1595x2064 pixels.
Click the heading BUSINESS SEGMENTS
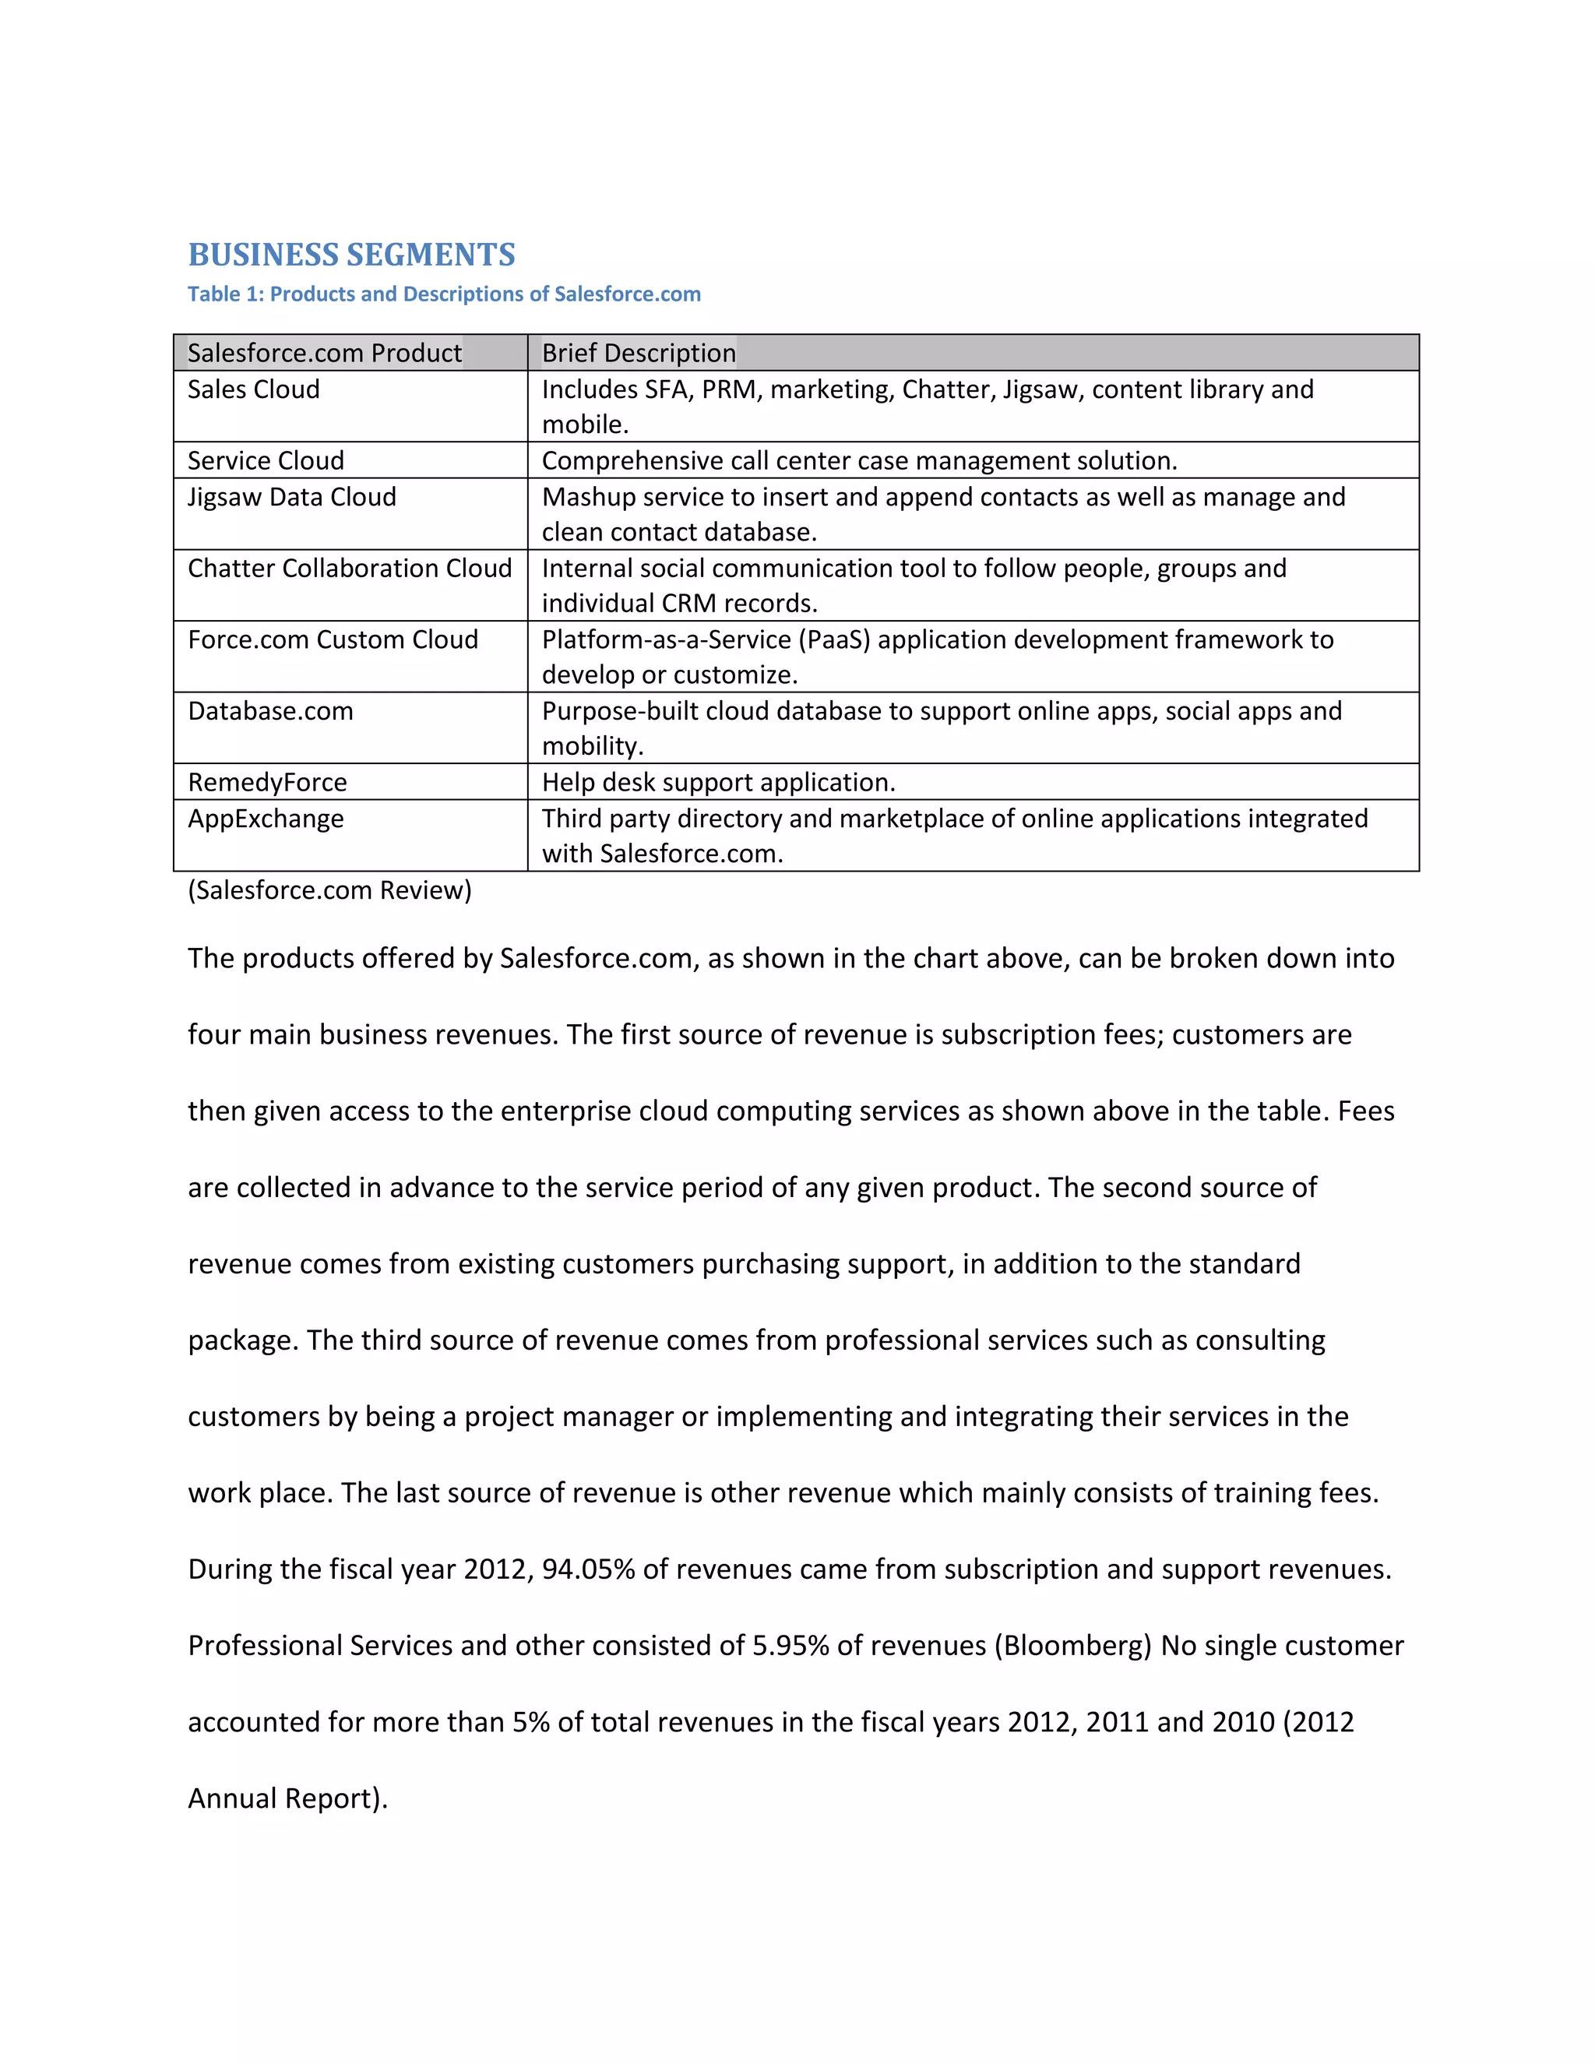pyautogui.click(x=351, y=255)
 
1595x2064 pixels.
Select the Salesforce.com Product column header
pyautogui.click(x=324, y=354)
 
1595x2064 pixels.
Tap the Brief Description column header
pyautogui.click(x=639, y=354)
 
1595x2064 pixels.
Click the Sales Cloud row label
pyautogui.click(x=253, y=389)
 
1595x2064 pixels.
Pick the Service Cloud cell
pyautogui.click(x=266, y=460)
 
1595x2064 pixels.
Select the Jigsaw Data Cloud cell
pyautogui.click(x=292, y=497)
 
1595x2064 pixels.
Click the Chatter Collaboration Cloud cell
pyautogui.click(x=350, y=568)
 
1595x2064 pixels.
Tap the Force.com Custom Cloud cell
pyautogui.click(x=333, y=639)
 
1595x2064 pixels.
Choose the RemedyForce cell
pyautogui.click(x=267, y=783)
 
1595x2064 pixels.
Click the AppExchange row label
pyautogui.click(x=266, y=819)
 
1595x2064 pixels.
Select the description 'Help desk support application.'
pyautogui.click(x=718, y=783)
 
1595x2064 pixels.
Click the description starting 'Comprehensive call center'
pyautogui.click(x=859, y=460)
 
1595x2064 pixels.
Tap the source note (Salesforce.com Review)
pyautogui.click(x=329, y=890)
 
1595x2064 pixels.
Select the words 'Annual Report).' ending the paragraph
pyautogui.click(x=288, y=1798)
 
